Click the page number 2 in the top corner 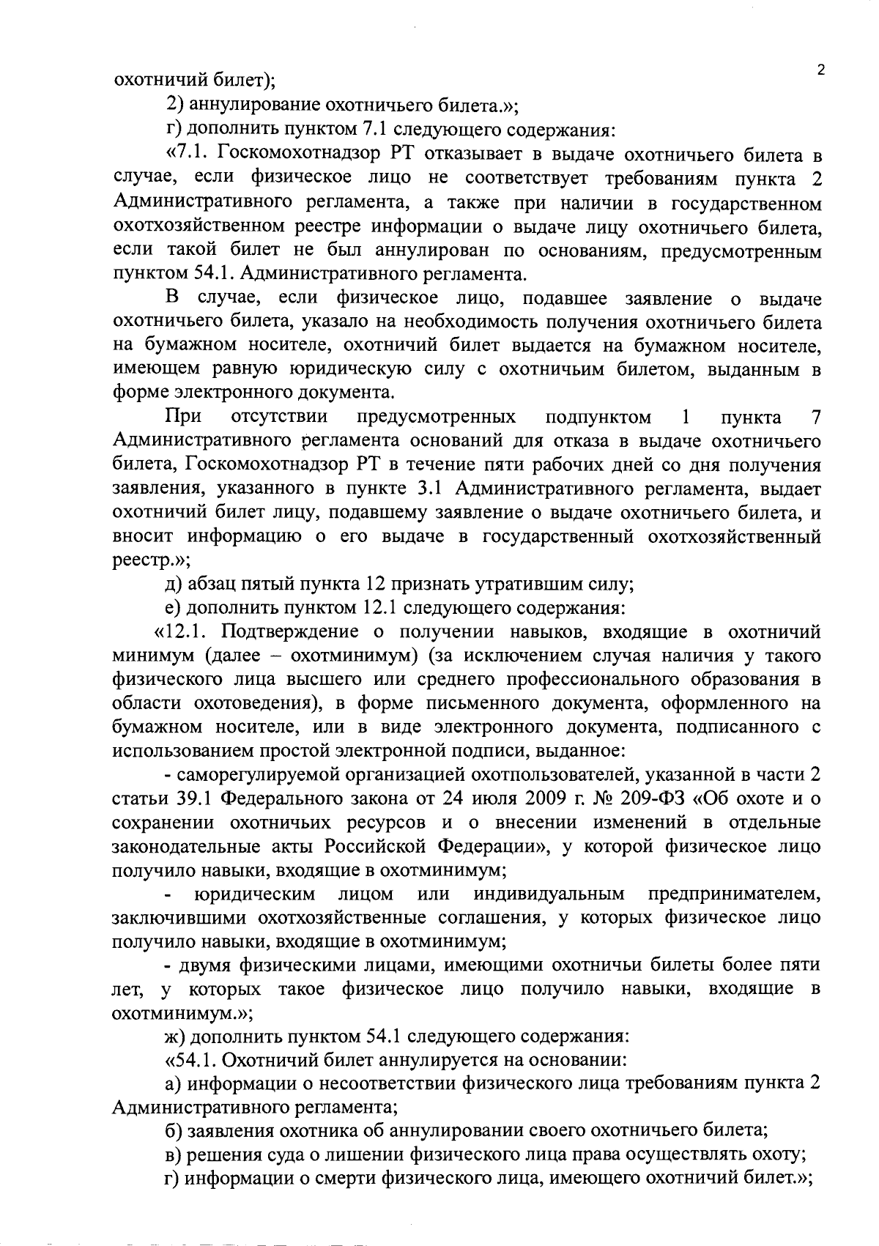[x=821, y=70]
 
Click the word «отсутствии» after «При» [x=279, y=418]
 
